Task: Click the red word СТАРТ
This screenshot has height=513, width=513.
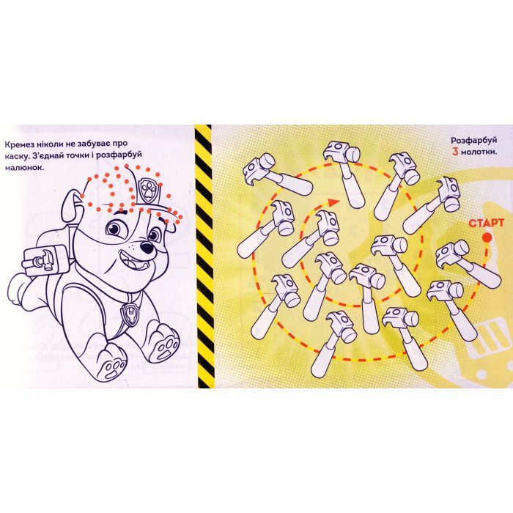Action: point(486,223)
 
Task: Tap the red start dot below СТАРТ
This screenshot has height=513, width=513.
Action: point(487,237)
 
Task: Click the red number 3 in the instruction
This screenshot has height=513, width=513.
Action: point(455,152)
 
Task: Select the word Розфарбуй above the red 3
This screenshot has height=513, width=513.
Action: point(474,141)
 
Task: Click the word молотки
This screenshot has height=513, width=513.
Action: point(479,152)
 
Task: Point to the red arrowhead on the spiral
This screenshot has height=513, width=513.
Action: point(333,202)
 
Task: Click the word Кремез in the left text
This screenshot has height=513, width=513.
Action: point(19,144)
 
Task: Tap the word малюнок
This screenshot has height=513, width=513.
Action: point(24,168)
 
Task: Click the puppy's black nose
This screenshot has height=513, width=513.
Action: point(147,247)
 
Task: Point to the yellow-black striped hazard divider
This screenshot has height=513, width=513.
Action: point(204,256)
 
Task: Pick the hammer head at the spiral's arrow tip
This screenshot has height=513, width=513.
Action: point(328,226)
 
